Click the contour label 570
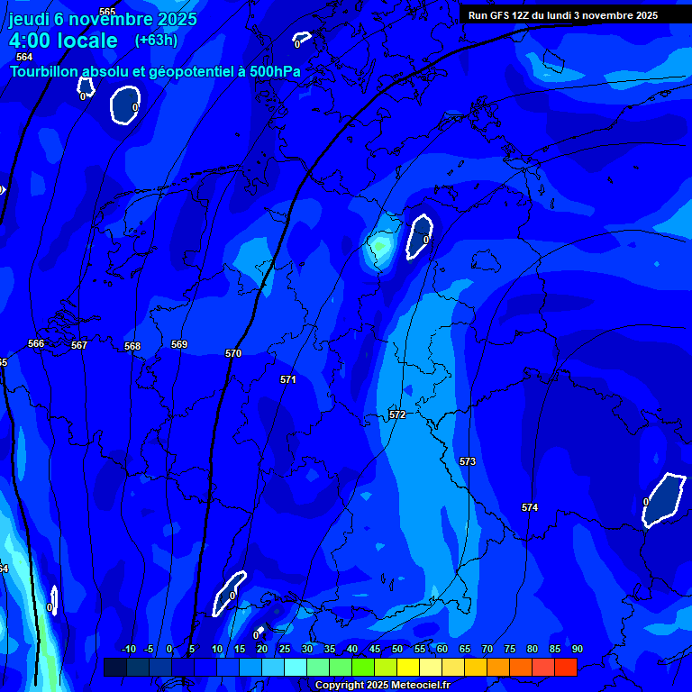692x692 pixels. [x=233, y=353]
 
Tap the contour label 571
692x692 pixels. [x=287, y=379]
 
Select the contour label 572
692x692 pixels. [x=397, y=414]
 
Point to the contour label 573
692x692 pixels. [x=467, y=461]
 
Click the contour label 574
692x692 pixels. [x=530, y=507]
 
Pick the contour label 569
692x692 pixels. [x=179, y=344]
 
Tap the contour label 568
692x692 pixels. [x=132, y=346]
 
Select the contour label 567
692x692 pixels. [x=79, y=345]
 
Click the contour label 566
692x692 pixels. [x=36, y=343]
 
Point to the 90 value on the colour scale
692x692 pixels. [x=577, y=649]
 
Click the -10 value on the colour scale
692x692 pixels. [x=128, y=649]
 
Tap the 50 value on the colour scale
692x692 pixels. [x=397, y=649]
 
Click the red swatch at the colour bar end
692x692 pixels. [x=566, y=667]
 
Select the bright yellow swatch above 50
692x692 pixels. [x=408, y=667]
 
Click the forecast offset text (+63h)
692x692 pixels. [x=156, y=40]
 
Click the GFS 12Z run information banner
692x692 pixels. [x=562, y=15]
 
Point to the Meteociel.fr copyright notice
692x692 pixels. [x=381, y=685]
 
